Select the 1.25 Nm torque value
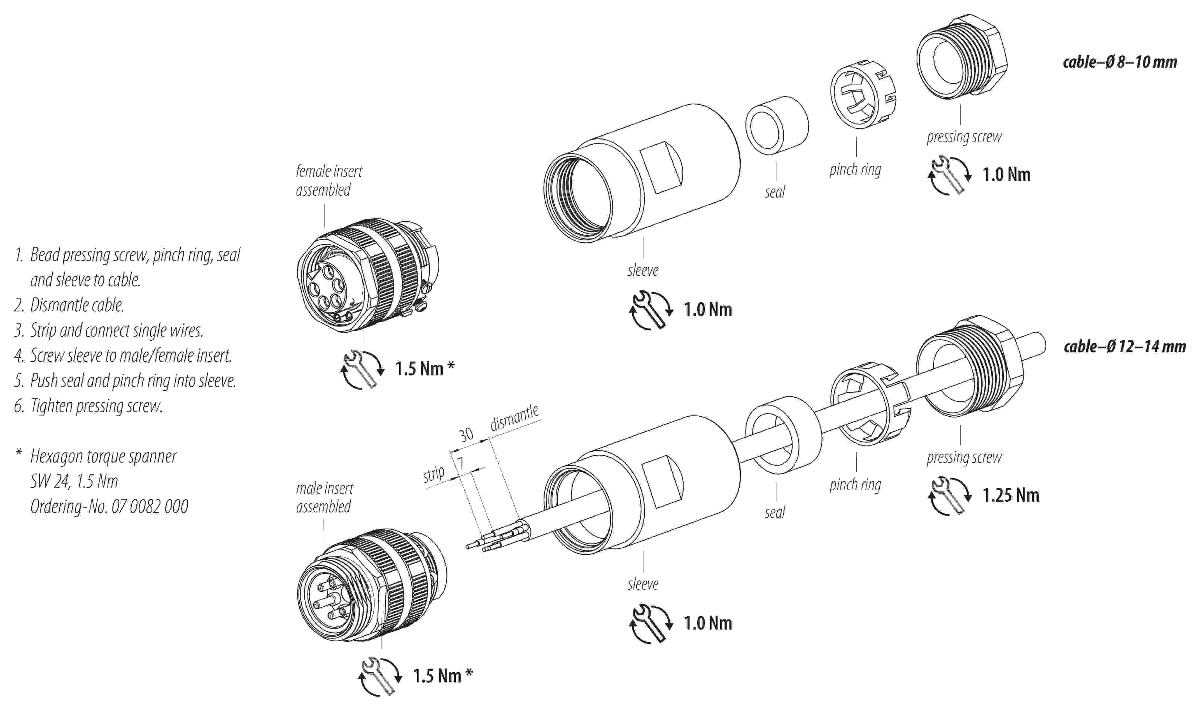click(x=1011, y=495)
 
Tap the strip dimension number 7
click(x=460, y=463)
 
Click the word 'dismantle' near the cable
click(x=514, y=417)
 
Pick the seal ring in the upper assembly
click(x=776, y=126)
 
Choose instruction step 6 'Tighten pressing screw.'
click(x=96, y=406)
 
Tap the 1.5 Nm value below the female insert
click(x=419, y=369)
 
